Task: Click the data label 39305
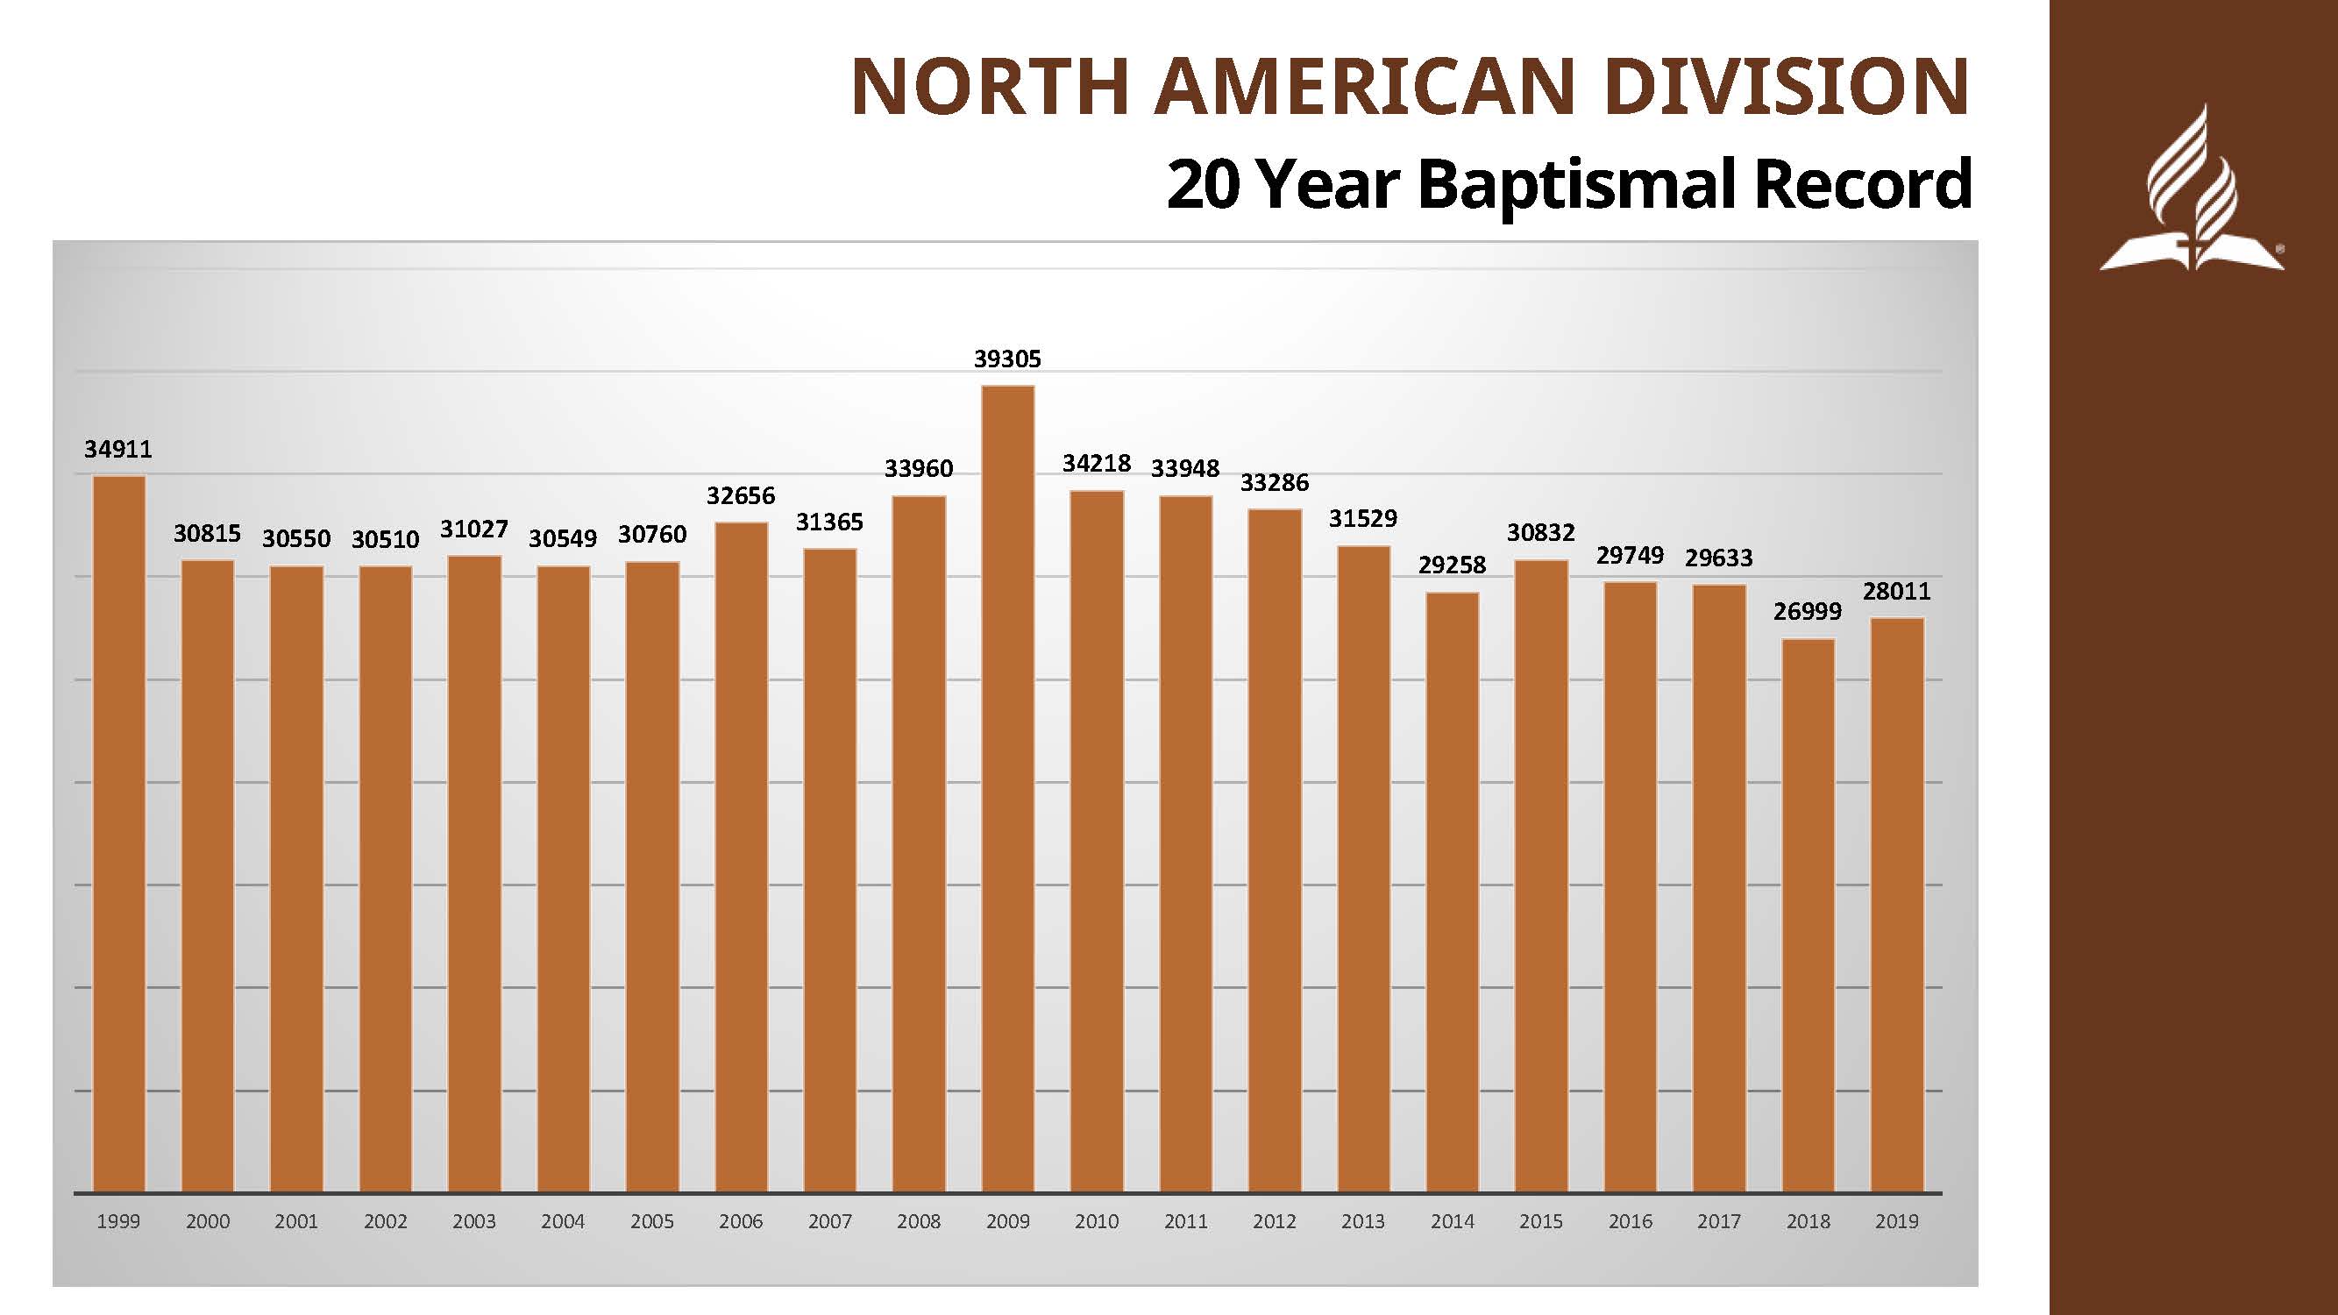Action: click(1007, 359)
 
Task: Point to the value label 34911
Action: click(118, 449)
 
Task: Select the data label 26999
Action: click(1808, 612)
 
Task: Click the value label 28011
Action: click(1897, 592)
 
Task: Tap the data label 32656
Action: click(741, 495)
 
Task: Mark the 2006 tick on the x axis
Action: click(741, 1221)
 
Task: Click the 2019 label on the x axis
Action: click(1897, 1221)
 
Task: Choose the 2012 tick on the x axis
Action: click(1275, 1221)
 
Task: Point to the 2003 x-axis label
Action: click(473, 1221)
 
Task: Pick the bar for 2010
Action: click(1097, 841)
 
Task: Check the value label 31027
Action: click(473, 530)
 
